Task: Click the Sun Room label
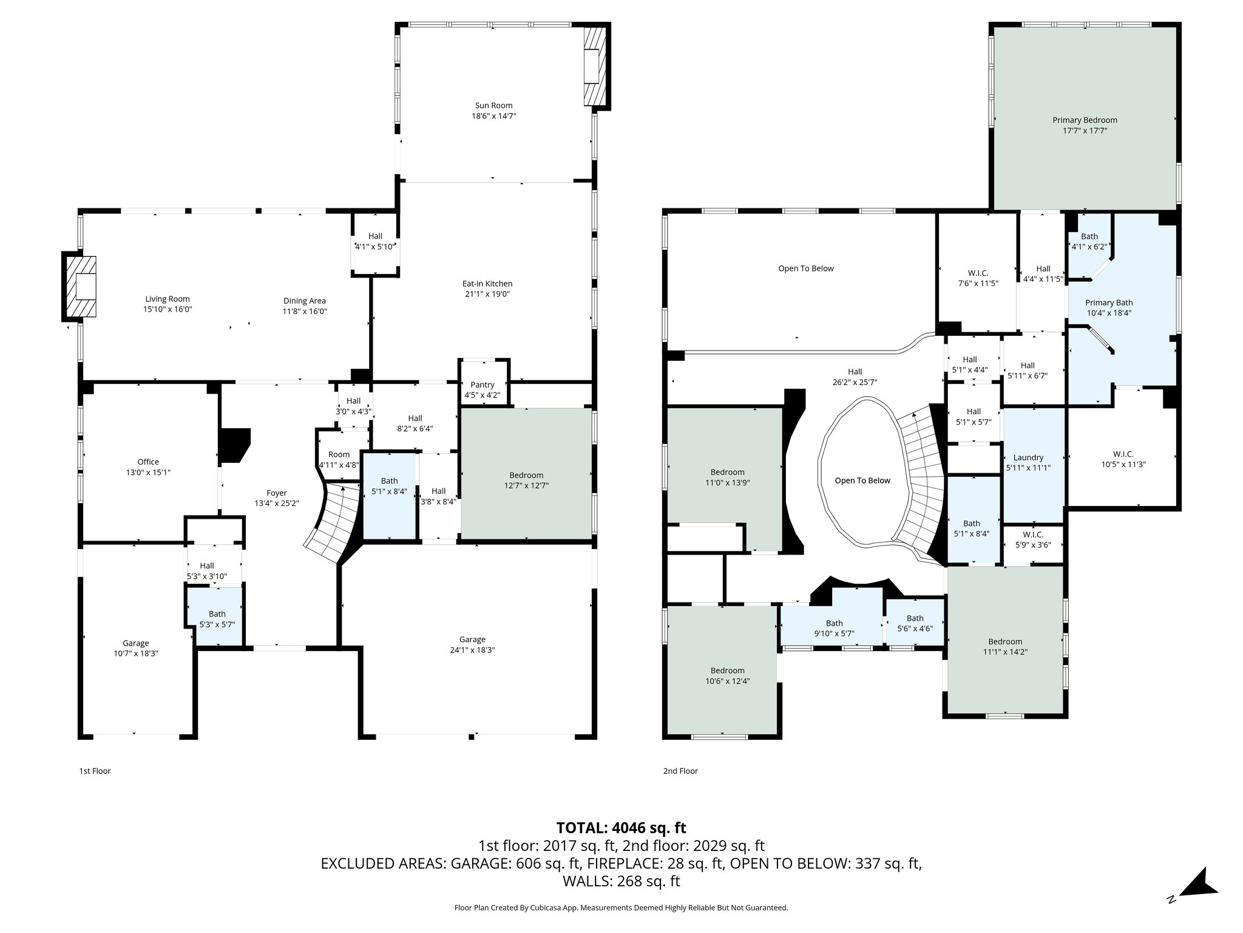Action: (493, 106)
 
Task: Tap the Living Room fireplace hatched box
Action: (80, 286)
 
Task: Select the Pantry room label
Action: (483, 384)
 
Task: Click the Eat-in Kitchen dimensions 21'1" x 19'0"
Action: (487, 294)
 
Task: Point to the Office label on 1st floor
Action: (148, 462)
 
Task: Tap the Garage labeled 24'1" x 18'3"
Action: (472, 644)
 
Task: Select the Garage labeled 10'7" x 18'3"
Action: (135, 648)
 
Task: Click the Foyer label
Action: (277, 493)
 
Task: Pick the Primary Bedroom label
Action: (1085, 120)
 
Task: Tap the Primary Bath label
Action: (1109, 302)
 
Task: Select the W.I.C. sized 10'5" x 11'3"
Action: (1123, 459)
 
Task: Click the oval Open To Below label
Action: (862, 480)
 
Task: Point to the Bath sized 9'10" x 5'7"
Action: (834, 627)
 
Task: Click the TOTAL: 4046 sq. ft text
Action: (621, 827)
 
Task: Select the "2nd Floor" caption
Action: (680, 771)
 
